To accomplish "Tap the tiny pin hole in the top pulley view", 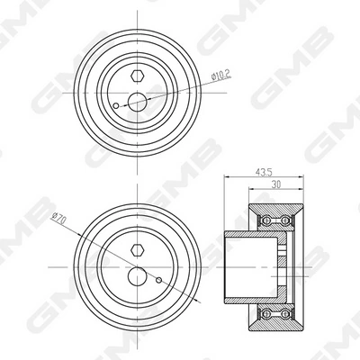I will click(x=116, y=109).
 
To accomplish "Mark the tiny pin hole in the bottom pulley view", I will click(x=158, y=280).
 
